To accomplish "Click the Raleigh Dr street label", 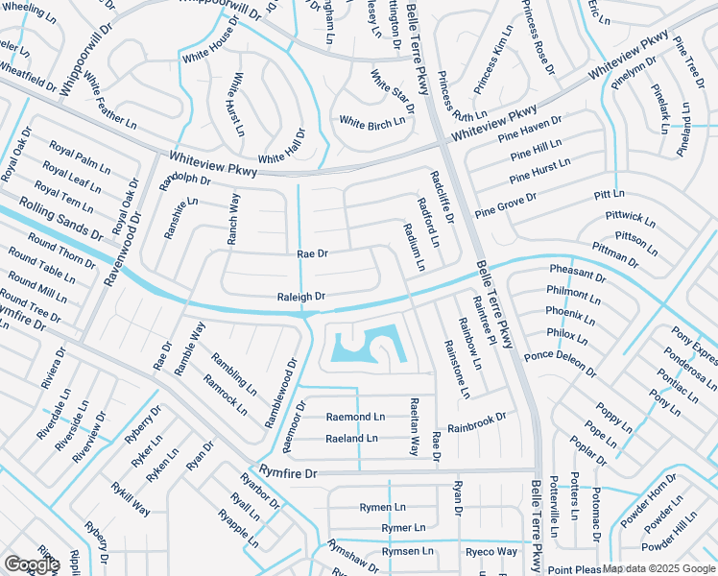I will (x=301, y=297).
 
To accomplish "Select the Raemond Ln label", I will (x=355, y=417).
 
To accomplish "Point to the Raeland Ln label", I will (x=351, y=438).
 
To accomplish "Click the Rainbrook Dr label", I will (x=476, y=421).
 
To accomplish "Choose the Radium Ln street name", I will (x=415, y=246).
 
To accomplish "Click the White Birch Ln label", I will (x=372, y=122).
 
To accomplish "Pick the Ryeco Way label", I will (x=491, y=551).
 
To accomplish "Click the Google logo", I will (x=31, y=564).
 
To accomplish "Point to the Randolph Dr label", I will (x=183, y=179).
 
